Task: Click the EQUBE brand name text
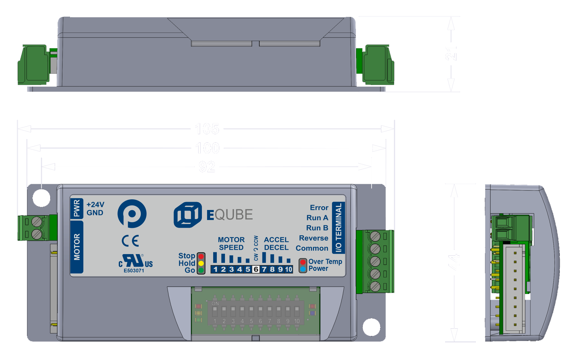tap(230, 215)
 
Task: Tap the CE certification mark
tap(130, 241)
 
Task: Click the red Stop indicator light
tap(201, 257)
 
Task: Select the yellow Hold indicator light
tap(201, 263)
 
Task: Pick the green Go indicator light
tap(201, 270)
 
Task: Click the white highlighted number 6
tap(256, 269)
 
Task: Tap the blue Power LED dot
tap(303, 269)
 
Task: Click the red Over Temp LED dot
tap(303, 262)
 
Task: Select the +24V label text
tap(95, 204)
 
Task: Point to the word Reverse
tap(313, 238)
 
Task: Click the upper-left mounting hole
tap(41, 198)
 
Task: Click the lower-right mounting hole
tap(371, 327)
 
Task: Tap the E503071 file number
tap(134, 271)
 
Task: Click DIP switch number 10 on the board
tap(297, 312)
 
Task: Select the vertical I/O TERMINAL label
tap(338, 228)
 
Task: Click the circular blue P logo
tap(132, 214)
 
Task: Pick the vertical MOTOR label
tap(77, 247)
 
